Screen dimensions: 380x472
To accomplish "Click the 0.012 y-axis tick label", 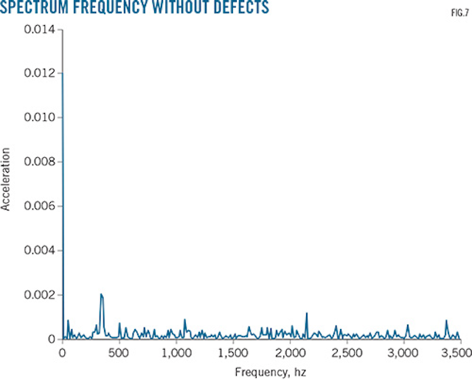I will (40, 74).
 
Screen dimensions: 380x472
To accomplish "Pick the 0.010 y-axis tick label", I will (40, 118).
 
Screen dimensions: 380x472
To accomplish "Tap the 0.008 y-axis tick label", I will (40, 162).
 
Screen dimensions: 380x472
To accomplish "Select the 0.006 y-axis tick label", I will (40, 207).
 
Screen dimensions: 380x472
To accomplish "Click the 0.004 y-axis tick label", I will (40, 251).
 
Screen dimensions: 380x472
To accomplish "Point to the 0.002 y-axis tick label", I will (40, 295).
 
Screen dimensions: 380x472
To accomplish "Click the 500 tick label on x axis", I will (119, 352).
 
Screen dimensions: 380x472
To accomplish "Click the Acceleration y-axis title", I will (7, 179).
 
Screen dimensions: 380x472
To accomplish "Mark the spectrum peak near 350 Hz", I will (101, 294).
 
